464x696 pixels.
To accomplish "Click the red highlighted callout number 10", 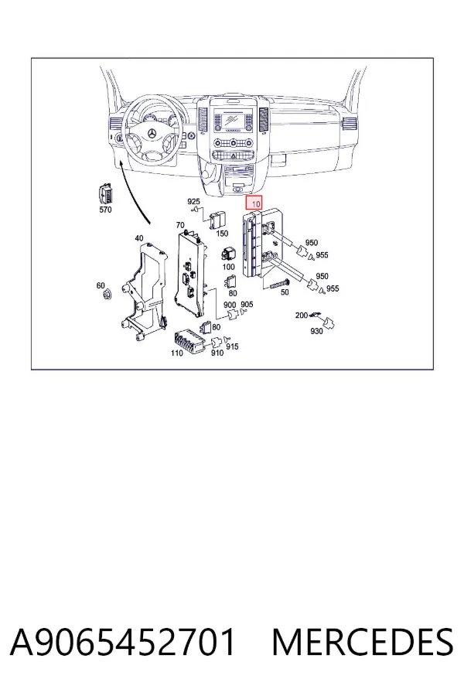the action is pos(255,203).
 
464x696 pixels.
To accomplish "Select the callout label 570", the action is pos(105,210).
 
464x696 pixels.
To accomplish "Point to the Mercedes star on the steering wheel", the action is pos(152,134).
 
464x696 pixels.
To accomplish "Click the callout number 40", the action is pos(139,238).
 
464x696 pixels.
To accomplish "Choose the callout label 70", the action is pos(180,225).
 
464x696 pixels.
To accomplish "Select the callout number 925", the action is pos(193,202).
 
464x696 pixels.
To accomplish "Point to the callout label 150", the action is pos(222,233).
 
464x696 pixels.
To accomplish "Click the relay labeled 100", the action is pos(228,254).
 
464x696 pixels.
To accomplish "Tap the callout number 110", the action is pos(177,353).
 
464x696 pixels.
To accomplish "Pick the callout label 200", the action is pos(302,316).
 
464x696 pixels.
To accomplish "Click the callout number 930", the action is pos(316,331).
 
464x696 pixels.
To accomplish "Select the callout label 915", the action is pos(232,346).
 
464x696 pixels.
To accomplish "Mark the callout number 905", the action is pos(247,305).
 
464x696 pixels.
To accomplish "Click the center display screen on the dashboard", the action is pos(232,118).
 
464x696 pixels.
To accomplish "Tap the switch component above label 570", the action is pos(105,194).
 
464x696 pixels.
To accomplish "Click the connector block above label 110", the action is pos(189,340).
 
